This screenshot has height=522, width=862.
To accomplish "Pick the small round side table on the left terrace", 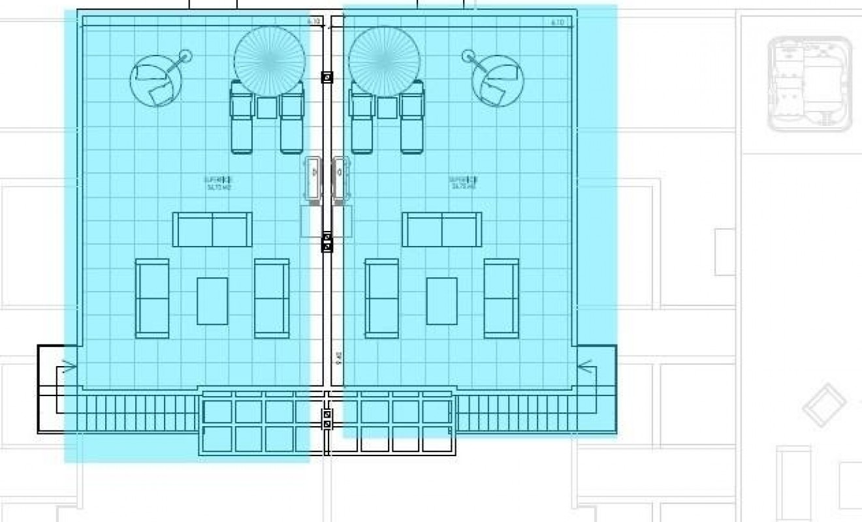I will [186, 56].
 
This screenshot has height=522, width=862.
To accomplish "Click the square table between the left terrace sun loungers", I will [266, 108].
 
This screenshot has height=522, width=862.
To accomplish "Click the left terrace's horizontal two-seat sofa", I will [212, 230].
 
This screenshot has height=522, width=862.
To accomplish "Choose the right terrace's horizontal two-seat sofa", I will [442, 230].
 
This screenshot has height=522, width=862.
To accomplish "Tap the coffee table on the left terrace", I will [213, 301].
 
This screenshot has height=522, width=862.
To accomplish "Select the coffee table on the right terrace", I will [442, 301].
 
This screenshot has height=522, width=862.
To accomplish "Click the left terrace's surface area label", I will [218, 183].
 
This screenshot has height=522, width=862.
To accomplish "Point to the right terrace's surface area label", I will [462, 183].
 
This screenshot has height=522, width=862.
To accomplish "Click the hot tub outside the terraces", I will [810, 85].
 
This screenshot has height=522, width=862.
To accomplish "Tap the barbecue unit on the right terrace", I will [340, 177].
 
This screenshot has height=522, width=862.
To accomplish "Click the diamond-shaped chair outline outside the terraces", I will [824, 405].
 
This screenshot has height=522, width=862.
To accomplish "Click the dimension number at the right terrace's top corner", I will [557, 22].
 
